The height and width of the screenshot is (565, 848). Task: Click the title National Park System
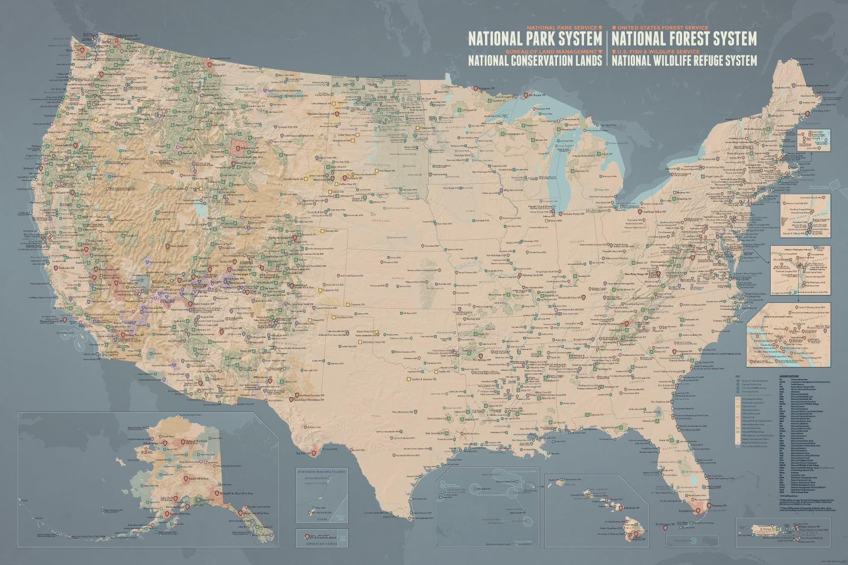(x=534, y=38)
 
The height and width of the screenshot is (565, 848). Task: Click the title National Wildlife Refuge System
(x=684, y=61)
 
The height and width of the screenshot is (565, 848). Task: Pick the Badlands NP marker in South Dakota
(x=344, y=178)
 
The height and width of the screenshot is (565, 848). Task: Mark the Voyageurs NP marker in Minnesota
(x=475, y=88)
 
